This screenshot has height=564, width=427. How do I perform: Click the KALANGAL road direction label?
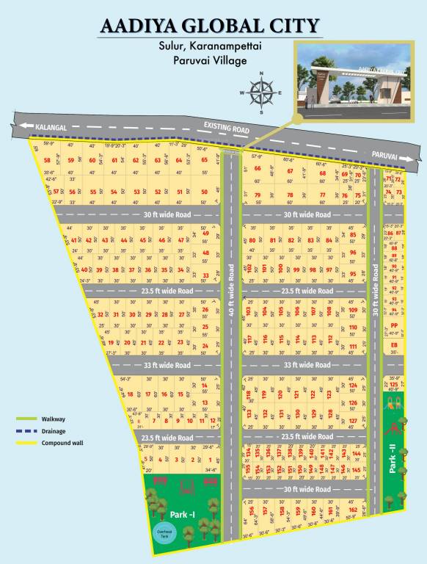[50, 127]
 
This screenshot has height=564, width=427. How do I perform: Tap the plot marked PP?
[394, 326]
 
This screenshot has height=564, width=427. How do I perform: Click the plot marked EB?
[394, 344]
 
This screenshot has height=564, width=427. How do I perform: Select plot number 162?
[353, 510]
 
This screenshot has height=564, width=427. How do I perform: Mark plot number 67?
[290, 172]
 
